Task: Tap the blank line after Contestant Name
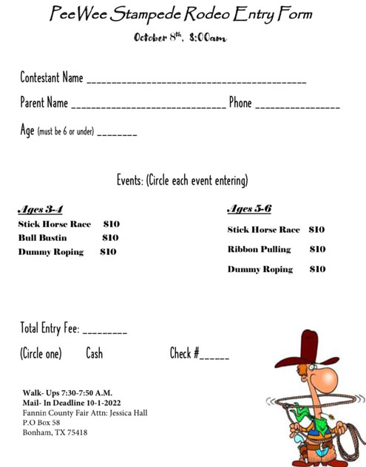(196, 81)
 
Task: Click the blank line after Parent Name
(148, 107)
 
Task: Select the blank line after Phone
(297, 107)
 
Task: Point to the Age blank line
(116, 134)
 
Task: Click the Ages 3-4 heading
(39, 209)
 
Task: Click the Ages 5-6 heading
(249, 208)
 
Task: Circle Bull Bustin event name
(42, 238)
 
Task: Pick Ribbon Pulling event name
(259, 250)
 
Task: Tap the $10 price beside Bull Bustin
(110, 238)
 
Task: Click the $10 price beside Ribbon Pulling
(317, 250)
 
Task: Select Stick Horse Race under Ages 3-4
(54, 224)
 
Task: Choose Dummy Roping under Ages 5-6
(260, 270)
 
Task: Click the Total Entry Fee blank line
(104, 333)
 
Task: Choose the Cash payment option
(95, 354)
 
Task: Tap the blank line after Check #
(214, 358)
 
